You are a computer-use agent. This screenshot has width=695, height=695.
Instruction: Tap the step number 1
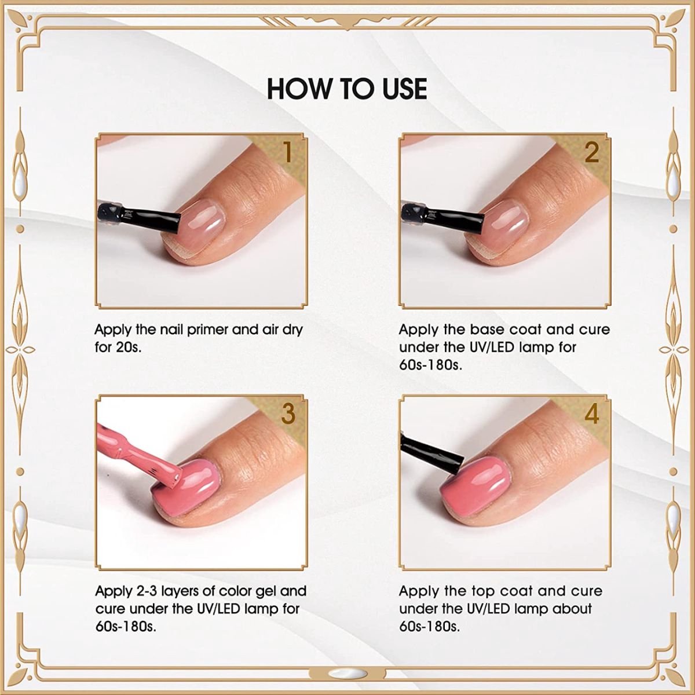(x=288, y=152)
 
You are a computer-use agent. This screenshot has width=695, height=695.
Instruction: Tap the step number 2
(x=591, y=152)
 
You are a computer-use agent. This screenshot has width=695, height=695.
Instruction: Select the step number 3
(x=288, y=414)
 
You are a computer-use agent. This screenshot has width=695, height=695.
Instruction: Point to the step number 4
(x=591, y=414)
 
